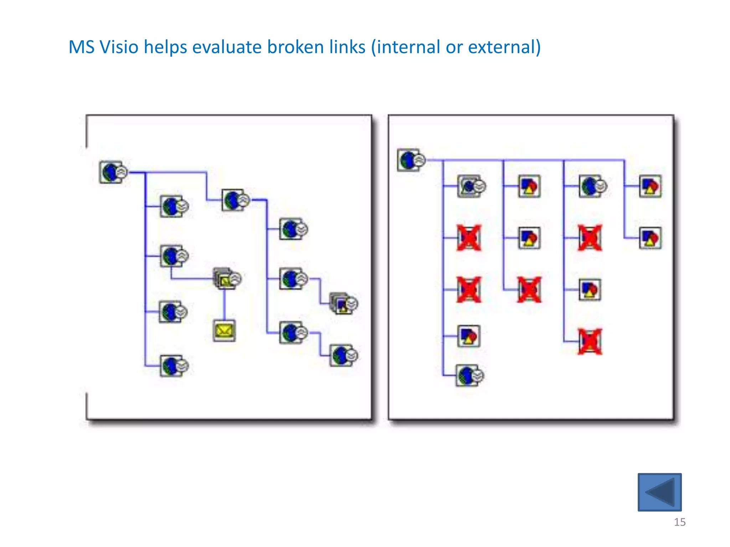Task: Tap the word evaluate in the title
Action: click(x=227, y=47)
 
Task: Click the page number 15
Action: click(x=679, y=522)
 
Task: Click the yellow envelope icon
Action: click(x=224, y=331)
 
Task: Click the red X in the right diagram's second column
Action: click(x=529, y=290)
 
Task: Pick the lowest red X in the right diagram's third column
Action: click(x=590, y=342)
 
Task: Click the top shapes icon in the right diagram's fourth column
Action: click(x=650, y=186)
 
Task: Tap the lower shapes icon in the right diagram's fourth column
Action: click(x=650, y=238)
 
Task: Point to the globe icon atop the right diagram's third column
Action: click(x=591, y=186)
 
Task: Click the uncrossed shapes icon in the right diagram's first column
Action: click(x=469, y=336)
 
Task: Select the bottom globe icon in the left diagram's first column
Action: click(x=173, y=366)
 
